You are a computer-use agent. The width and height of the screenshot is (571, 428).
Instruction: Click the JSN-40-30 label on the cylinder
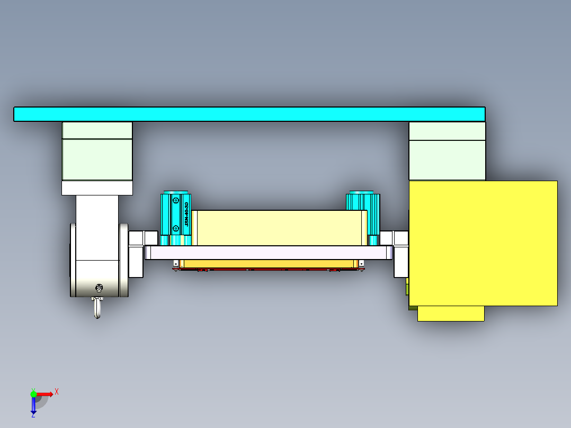(186, 214)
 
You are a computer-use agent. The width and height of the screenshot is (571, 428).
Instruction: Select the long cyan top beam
(249, 114)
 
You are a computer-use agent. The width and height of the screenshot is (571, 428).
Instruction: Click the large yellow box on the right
(483, 243)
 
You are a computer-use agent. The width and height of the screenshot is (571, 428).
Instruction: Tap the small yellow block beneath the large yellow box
(451, 314)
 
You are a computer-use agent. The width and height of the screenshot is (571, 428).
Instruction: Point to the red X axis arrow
(45, 394)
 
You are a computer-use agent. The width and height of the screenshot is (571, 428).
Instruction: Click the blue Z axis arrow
(33, 405)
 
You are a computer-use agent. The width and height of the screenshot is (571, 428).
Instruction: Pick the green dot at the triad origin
(33, 394)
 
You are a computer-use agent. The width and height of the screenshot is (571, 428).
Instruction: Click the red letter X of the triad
(56, 391)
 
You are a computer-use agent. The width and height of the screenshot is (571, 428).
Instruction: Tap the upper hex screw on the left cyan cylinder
(176, 200)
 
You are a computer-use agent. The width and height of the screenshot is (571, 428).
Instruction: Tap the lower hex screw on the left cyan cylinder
(176, 228)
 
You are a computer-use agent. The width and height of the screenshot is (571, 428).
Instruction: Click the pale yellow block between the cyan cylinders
(279, 228)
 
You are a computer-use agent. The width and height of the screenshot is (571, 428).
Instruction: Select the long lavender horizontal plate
(269, 253)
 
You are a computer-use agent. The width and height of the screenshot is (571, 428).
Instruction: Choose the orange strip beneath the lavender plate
(270, 263)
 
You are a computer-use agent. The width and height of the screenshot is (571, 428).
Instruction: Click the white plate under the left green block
(97, 188)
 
